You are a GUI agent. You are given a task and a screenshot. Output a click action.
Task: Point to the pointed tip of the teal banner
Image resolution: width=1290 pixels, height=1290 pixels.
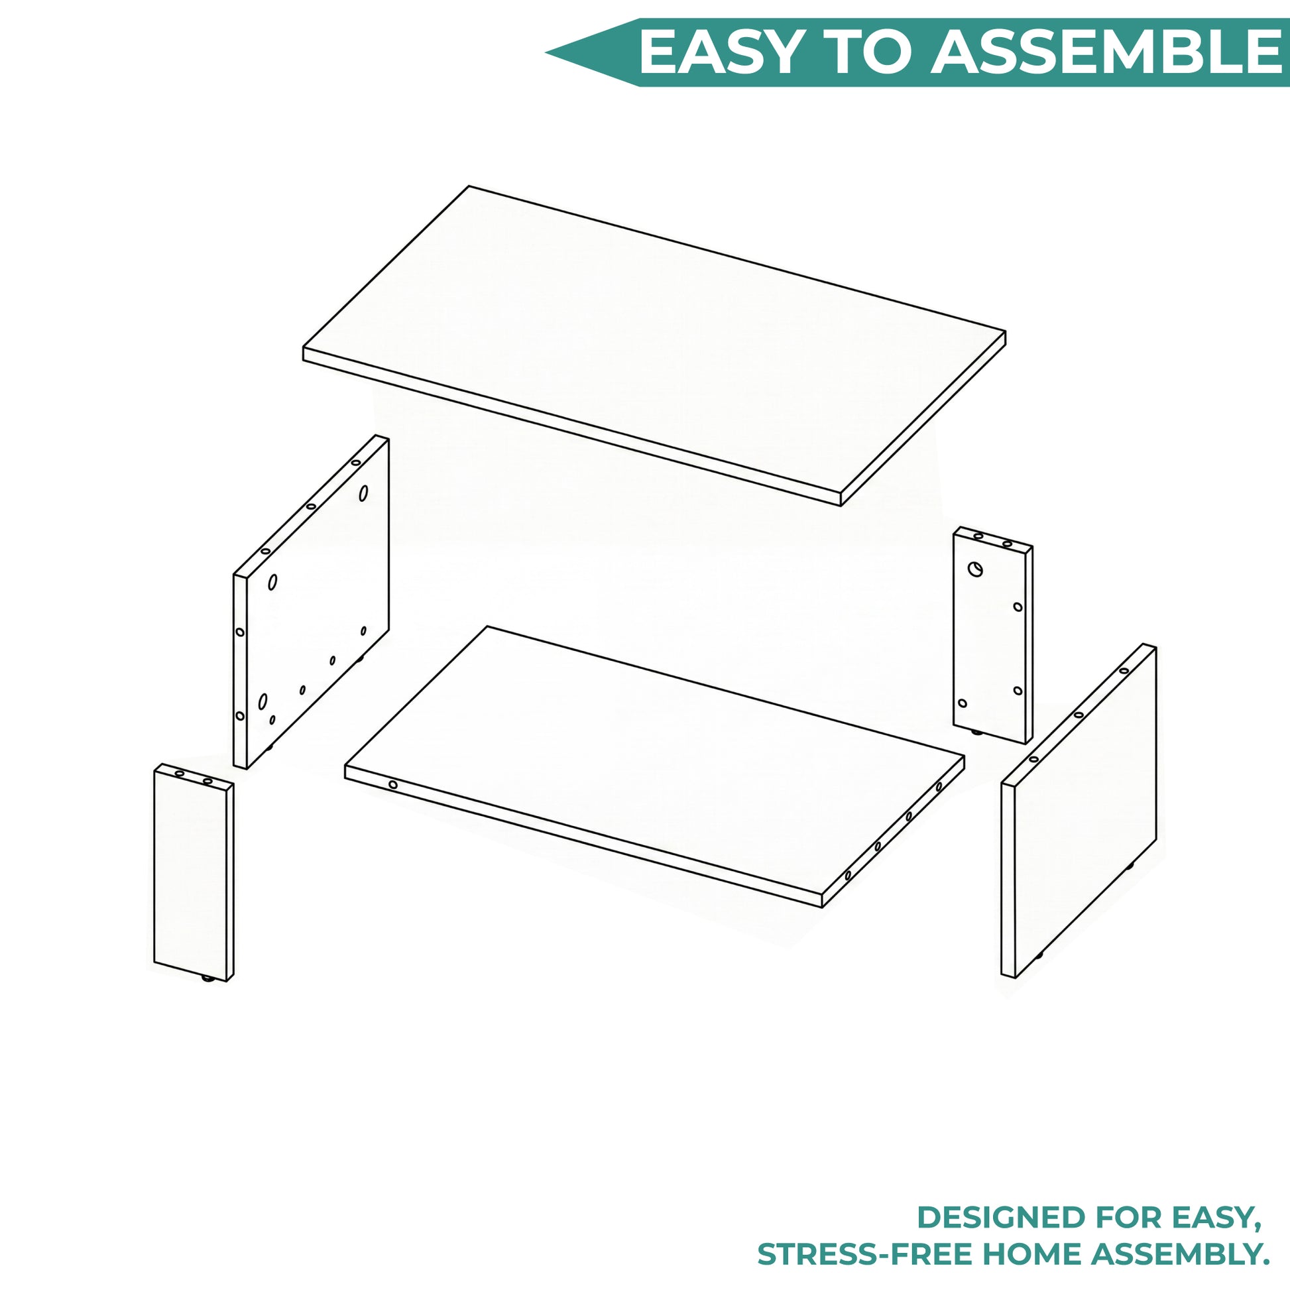tap(547, 53)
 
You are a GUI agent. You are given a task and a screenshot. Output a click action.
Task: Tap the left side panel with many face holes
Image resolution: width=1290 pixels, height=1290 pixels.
tap(311, 602)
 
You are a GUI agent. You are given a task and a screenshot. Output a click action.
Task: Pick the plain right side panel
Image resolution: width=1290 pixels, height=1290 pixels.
tap(1079, 811)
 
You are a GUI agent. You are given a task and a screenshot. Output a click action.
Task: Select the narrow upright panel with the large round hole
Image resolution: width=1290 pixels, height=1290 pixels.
tap(993, 635)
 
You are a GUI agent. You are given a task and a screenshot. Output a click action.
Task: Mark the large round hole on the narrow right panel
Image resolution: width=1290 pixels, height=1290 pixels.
tap(976, 569)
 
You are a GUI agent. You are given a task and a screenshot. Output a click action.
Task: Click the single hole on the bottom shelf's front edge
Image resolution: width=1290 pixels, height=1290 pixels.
tap(393, 785)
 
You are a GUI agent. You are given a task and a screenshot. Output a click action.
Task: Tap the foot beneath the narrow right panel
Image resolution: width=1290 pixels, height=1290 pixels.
tap(980, 733)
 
